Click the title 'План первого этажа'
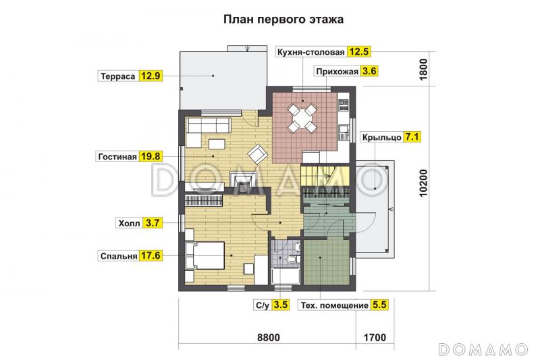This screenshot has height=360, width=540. pyautogui.click(x=283, y=20)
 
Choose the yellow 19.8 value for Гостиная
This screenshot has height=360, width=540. pyautogui.click(x=151, y=156)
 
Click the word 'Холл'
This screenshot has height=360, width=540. pyautogui.click(x=130, y=222)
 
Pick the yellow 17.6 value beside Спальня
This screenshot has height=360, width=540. pyautogui.click(x=151, y=257)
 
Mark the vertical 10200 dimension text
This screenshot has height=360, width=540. pyautogui.click(x=424, y=182)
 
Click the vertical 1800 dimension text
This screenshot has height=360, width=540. pyautogui.click(x=424, y=70)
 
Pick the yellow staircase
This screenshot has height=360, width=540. pyautogui.click(x=316, y=177)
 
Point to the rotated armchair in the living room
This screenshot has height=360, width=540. pyautogui.click(x=258, y=154)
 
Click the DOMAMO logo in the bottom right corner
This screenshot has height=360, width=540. pyautogui.click(x=483, y=348)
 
